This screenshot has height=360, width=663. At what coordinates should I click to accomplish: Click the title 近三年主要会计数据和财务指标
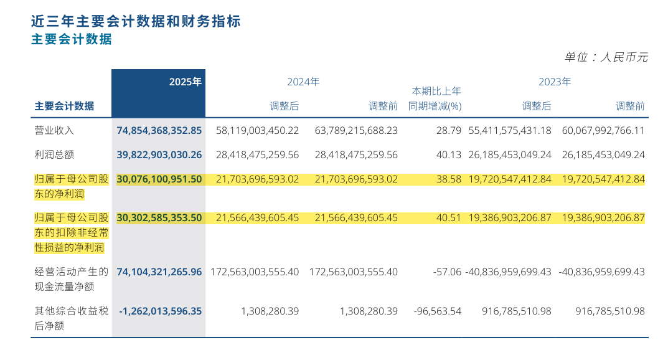pos(136,21)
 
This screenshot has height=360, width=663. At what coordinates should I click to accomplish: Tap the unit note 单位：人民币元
pos(606,57)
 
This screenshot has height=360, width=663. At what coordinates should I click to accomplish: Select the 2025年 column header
pos(186,82)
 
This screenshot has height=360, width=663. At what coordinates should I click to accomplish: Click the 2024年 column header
pos(303,82)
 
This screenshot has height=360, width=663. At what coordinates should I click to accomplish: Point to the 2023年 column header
pos(555,82)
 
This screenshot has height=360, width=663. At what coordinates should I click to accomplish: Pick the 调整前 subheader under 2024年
pos(383,107)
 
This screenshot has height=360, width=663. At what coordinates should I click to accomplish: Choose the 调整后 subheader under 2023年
pos(537,107)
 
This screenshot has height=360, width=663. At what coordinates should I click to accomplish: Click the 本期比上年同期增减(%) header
pos(435,98)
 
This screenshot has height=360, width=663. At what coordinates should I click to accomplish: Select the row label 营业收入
pos(54,131)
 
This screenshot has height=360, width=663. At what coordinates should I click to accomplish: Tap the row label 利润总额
pos(54,154)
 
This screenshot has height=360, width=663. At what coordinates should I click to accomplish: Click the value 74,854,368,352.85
pos(159,131)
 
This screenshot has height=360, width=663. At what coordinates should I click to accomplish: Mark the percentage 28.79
pos(449,131)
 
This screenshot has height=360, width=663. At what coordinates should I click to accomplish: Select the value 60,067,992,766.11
pos(601,131)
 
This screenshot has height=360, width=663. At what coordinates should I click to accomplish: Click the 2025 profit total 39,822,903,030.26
pos(159,154)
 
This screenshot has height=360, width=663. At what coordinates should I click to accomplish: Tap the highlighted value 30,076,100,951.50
pos(159,179)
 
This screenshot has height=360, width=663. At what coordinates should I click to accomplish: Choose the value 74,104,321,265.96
pos(159,272)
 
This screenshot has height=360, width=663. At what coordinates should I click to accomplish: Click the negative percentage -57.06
pos(447,272)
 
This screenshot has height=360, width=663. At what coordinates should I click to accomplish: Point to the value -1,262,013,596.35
pos(161,311)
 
